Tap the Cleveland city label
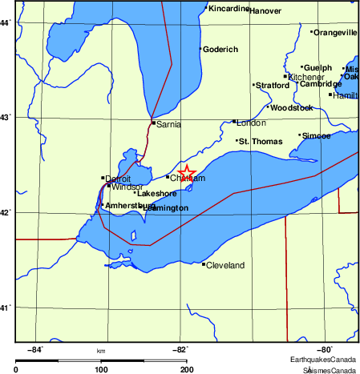225,265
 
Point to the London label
252,123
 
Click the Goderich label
220,50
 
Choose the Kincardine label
229,9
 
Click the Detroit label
118,179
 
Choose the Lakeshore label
157,194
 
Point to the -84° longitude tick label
35,349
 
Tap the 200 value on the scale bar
186,370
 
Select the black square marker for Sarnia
153,123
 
